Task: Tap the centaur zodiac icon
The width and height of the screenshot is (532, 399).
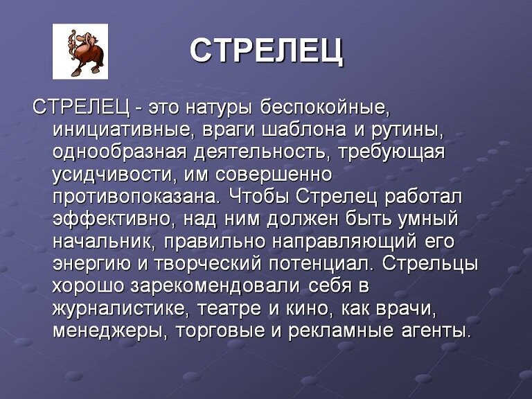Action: pyautogui.click(x=80, y=51)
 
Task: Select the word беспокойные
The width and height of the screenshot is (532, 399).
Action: pyautogui.click(x=323, y=109)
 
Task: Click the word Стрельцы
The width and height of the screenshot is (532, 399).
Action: pyautogui.click(x=430, y=264)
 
